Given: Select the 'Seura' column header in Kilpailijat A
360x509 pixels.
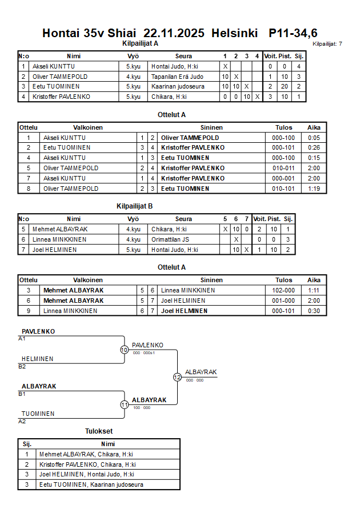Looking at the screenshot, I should pyautogui.click(x=183, y=56).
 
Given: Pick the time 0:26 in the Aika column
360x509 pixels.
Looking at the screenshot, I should pyautogui.click(x=314, y=147).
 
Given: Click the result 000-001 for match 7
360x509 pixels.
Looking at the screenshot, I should pyautogui.click(x=283, y=178).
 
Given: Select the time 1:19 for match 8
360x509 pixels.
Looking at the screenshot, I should pyautogui.click(x=314, y=189).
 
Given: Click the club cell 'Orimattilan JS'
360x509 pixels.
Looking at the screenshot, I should pyautogui.click(x=170, y=239).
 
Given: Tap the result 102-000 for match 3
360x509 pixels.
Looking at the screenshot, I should pyautogui.click(x=283, y=290).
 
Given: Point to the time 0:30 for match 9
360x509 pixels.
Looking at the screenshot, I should pyautogui.click(x=314, y=311).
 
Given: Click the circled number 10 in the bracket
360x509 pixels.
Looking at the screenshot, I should pyautogui.click(x=124, y=350).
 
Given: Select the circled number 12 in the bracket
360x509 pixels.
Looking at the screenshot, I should pyautogui.click(x=177, y=377).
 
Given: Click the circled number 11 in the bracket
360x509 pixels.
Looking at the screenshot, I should pyautogui.click(x=124, y=404).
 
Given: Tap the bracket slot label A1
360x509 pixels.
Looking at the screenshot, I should pyautogui.click(x=22, y=339).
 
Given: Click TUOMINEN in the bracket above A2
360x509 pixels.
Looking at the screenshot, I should pyautogui.click(x=38, y=414).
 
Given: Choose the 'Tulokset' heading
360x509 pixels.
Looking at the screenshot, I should pyautogui.click(x=99, y=432).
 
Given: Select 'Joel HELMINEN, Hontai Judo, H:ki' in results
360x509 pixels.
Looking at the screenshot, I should pyautogui.click(x=86, y=474).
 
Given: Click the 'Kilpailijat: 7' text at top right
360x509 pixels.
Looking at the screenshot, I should pyautogui.click(x=327, y=44).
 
